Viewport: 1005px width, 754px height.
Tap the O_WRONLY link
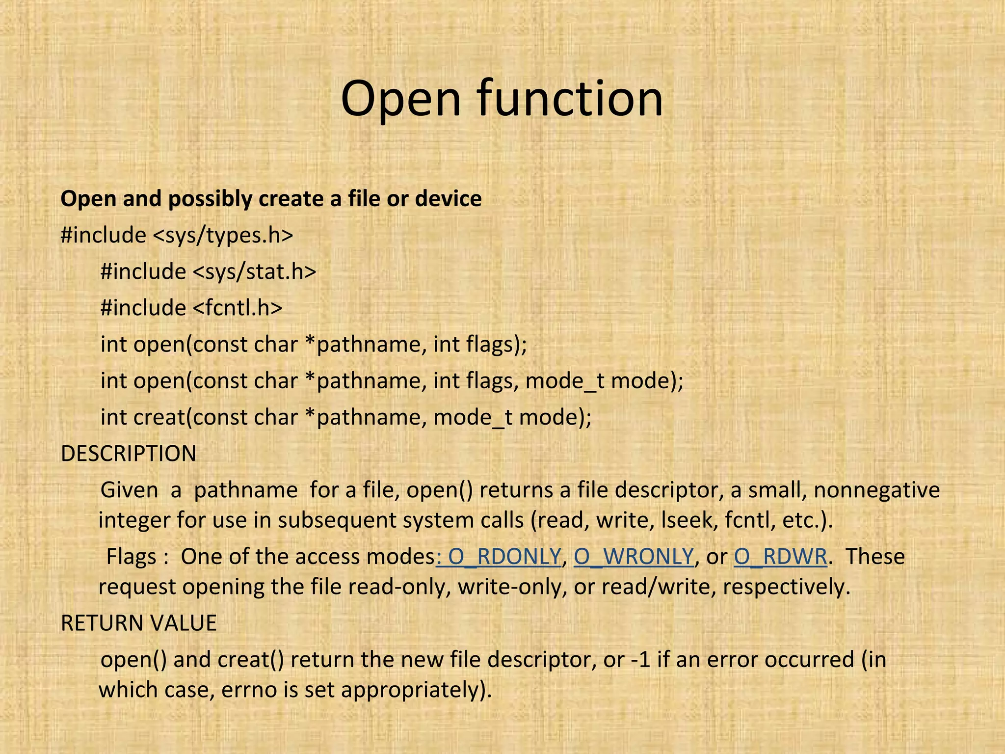(x=634, y=557)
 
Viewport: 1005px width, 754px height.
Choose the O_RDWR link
(x=780, y=557)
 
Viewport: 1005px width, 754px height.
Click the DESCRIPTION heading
(x=128, y=454)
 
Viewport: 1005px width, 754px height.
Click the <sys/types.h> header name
(x=223, y=235)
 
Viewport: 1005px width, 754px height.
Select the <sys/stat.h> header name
(x=255, y=271)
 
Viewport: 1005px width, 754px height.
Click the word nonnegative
(x=876, y=490)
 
